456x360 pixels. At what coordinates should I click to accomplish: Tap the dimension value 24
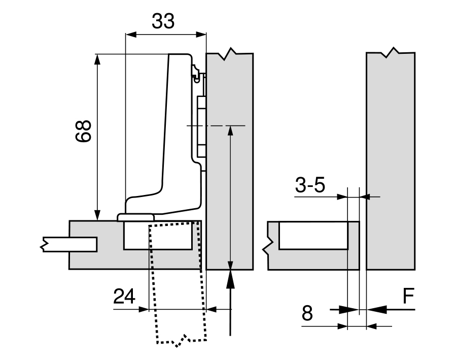click(124, 296)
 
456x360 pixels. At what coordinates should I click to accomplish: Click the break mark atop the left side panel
click(231, 53)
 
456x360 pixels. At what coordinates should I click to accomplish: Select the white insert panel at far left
click(68, 244)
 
